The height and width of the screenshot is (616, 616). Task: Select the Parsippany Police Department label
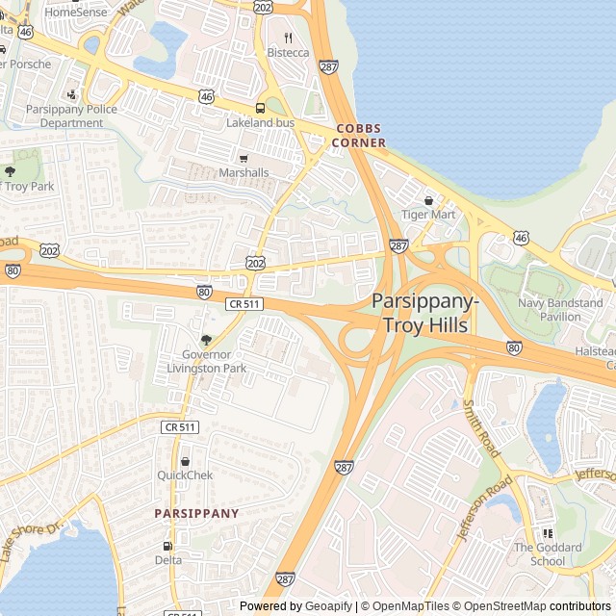71,116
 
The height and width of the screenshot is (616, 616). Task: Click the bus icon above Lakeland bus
260,109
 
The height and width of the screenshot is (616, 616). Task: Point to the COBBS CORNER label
359,136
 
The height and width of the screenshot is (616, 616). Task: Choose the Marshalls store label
244,172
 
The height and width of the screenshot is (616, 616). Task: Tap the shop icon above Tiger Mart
428,200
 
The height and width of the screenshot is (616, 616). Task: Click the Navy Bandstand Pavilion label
560,310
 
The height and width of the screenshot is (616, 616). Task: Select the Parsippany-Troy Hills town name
425,314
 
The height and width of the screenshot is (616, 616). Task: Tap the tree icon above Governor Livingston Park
206,340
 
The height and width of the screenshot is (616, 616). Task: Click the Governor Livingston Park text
207,361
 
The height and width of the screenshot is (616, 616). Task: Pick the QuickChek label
185,475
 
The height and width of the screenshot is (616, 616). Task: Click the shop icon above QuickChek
185,461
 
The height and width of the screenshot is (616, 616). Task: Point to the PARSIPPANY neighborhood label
196,514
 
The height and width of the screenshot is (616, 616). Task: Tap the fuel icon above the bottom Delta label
167,546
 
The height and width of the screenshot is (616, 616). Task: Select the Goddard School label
549,554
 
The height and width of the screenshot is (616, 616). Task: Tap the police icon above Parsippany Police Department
71,94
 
